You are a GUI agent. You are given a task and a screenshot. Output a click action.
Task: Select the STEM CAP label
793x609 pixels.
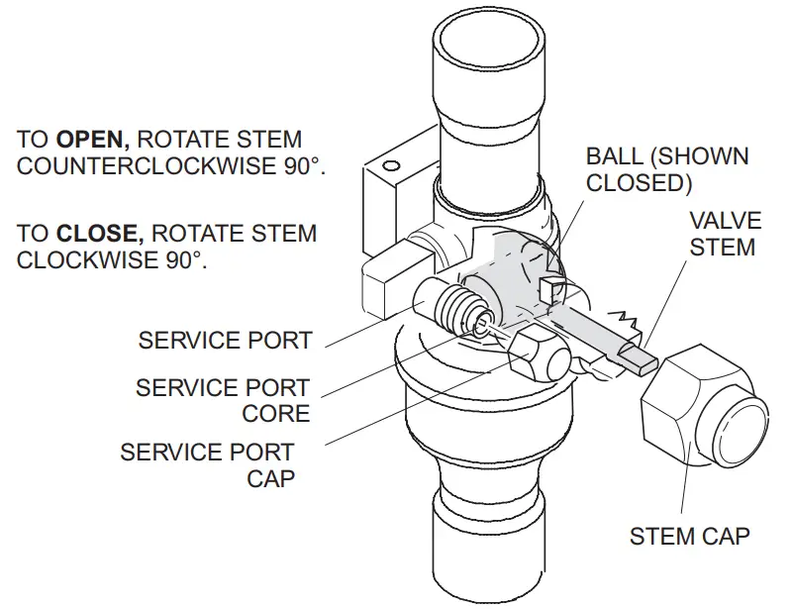point(689,536)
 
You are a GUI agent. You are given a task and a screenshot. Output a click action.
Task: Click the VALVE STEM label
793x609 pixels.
point(722,233)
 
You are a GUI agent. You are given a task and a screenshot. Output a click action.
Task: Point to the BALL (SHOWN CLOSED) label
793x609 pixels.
point(666,169)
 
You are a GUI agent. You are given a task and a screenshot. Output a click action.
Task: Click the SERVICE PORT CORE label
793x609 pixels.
point(223,400)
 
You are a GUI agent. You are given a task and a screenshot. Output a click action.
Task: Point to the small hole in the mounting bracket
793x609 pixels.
point(392,164)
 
